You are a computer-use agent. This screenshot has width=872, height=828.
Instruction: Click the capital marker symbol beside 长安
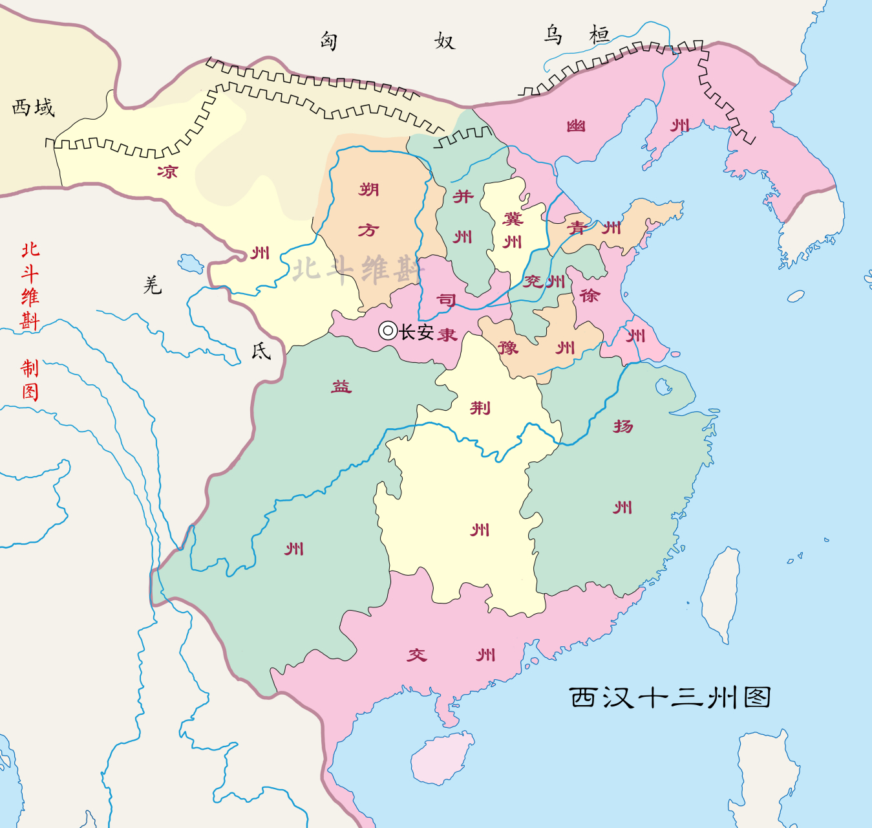click(x=387, y=331)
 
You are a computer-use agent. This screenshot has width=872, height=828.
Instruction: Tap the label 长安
click(x=416, y=332)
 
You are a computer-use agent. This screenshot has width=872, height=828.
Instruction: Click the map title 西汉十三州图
click(x=670, y=697)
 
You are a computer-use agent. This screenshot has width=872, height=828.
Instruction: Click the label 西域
click(x=34, y=107)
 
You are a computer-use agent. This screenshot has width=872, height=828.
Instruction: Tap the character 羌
click(x=153, y=285)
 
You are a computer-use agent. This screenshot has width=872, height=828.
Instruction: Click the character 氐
click(x=261, y=351)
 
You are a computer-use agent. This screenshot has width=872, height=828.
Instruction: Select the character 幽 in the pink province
click(x=576, y=125)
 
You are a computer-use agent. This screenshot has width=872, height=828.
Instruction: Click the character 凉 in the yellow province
click(x=167, y=171)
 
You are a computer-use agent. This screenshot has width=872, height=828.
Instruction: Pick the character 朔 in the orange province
click(x=369, y=190)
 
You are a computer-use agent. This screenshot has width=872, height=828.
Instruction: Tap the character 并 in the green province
click(x=463, y=196)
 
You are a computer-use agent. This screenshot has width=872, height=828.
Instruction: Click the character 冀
click(x=513, y=219)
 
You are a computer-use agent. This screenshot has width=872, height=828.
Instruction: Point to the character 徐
click(x=589, y=296)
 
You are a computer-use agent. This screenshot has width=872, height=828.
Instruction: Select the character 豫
click(x=508, y=348)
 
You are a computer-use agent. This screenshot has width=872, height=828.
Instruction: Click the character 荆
click(x=480, y=408)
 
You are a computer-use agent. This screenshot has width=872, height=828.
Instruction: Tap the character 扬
click(x=623, y=426)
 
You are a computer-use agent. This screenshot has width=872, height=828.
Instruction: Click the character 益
click(x=341, y=387)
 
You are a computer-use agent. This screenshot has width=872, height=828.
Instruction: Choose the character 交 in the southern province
click(x=417, y=655)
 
